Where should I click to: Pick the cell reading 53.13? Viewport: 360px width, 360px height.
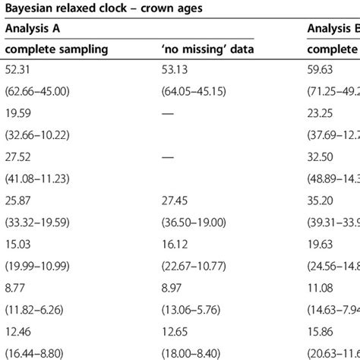167,73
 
